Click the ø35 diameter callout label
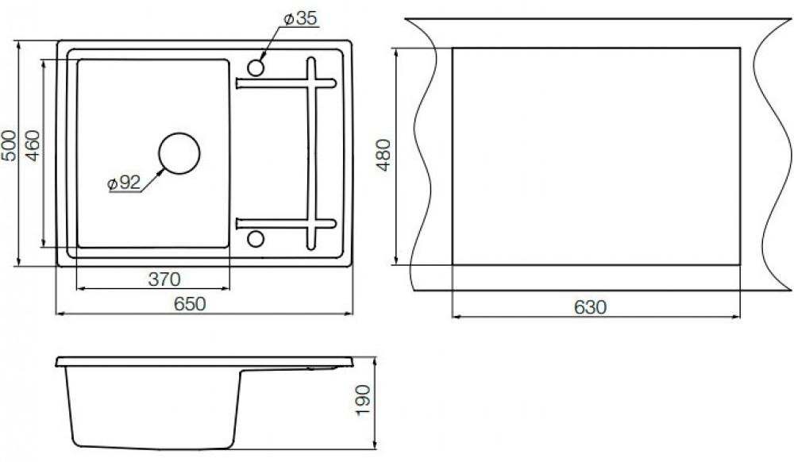(300, 19)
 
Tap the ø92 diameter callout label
(124, 183)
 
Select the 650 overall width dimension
(190, 303)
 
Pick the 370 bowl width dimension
(164, 279)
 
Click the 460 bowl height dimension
(33, 145)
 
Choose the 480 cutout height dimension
(384, 155)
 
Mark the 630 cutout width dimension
(591, 307)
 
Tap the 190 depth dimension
(363, 400)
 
